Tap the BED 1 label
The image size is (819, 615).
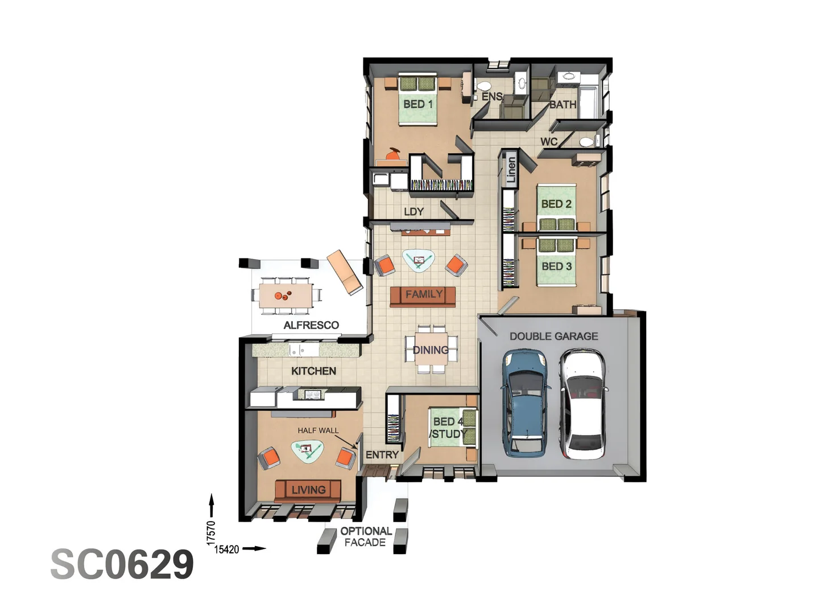418,104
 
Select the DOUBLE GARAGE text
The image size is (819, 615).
553,337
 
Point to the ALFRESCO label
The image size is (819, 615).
311,325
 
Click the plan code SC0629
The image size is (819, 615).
122,564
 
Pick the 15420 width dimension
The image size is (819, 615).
226,550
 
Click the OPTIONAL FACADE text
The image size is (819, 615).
366,536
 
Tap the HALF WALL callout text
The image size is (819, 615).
318,430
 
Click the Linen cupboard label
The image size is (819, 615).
511,170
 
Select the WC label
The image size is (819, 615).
549,141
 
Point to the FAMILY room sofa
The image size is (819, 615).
423,296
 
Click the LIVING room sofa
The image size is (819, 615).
308,490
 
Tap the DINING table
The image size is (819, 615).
431,349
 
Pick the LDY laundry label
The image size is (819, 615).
413,212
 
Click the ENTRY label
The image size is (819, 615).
382,455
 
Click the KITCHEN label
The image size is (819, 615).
313,371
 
